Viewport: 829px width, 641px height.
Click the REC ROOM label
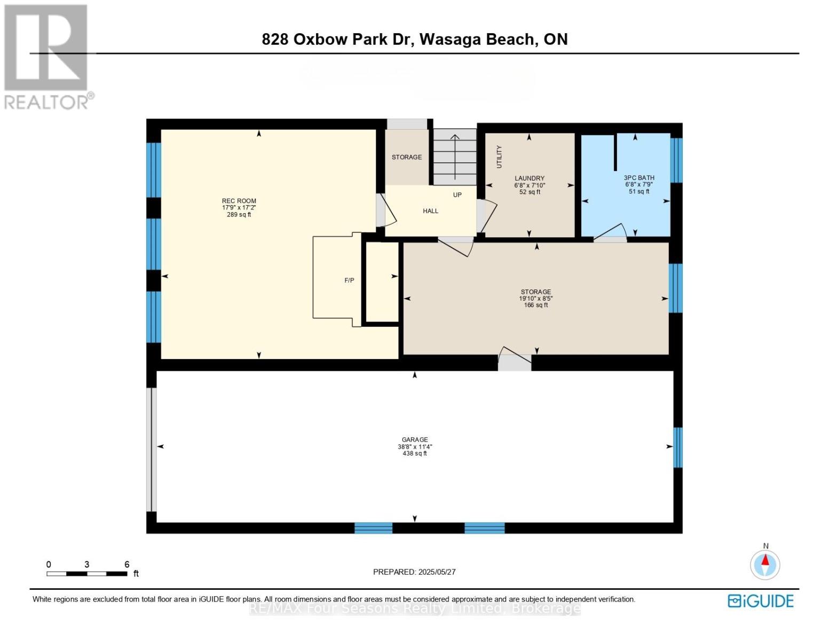tap(239, 201)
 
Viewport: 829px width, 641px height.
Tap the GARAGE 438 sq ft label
tap(414, 447)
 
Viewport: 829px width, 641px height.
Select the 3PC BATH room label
tap(638, 178)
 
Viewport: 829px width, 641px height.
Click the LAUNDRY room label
tap(529, 178)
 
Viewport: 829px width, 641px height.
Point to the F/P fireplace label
tap(349, 280)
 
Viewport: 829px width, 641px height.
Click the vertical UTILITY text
tap(500, 157)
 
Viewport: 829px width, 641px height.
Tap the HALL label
tap(430, 211)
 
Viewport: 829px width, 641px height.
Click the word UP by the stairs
tap(457, 195)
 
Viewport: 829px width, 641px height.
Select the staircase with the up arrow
tap(454, 157)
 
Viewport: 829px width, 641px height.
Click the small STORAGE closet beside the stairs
tap(407, 157)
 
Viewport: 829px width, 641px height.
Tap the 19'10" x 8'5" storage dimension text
tap(536, 299)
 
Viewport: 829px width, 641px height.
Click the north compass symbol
tap(765, 564)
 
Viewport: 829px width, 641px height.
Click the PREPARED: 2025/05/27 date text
tap(414, 572)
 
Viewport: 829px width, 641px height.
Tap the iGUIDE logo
tap(761, 601)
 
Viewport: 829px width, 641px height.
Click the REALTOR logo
tap(47, 56)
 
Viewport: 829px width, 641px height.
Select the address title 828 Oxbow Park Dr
tap(414, 39)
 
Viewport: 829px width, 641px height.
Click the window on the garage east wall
tap(677, 447)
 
